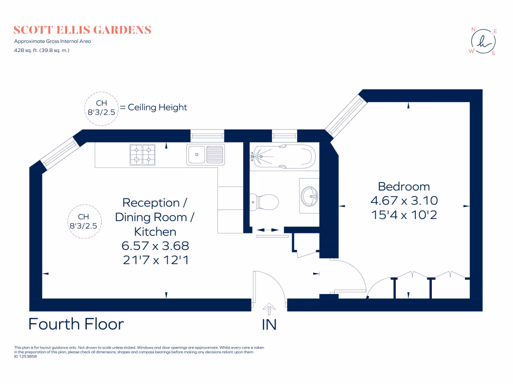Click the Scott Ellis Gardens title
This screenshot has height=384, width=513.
[83, 30]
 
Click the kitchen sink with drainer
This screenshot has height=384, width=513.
[205, 154]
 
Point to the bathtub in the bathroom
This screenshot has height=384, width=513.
[283, 156]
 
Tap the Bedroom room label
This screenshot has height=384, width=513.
[404, 186]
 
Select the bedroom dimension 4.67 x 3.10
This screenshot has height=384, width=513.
[404, 200]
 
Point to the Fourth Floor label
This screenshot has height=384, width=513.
[76, 324]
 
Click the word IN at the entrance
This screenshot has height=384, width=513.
[269, 325]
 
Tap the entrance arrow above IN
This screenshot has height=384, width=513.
[270, 308]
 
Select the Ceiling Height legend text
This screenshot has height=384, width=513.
[157, 107]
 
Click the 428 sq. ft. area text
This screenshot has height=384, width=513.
[42, 50]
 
